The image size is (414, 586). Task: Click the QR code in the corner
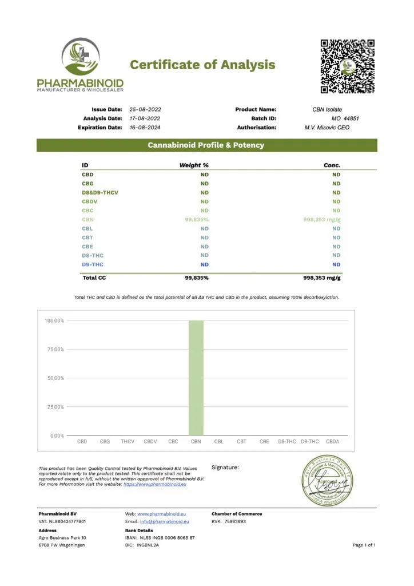[x=347, y=66]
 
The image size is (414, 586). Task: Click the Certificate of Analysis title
[x=202, y=65]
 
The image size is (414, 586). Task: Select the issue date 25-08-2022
[x=145, y=109]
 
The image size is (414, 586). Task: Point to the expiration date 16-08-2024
[x=145, y=128]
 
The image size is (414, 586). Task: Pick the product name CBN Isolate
[x=327, y=109]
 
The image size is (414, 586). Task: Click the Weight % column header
[x=194, y=165]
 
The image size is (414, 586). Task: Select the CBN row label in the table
[x=87, y=219]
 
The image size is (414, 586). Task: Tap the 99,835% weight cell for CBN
[x=196, y=219]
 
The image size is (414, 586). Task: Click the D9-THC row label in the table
[x=92, y=264]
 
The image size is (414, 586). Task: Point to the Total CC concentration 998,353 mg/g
[x=321, y=278]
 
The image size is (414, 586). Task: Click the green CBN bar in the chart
[x=196, y=378]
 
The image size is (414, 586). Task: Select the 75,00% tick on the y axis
[x=54, y=349]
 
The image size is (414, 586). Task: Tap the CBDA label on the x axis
[x=332, y=442]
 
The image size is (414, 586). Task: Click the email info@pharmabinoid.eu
[x=165, y=522]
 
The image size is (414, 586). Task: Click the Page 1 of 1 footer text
[x=364, y=545]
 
